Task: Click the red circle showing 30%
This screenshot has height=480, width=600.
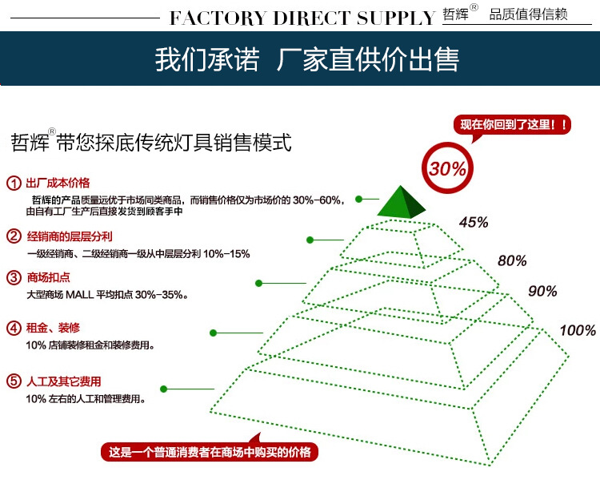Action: pos(447,169)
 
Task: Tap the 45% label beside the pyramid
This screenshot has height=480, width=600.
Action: pos(473,223)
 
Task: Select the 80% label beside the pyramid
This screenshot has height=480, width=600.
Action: pos(512,260)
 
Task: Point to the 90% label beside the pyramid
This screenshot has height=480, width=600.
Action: pos(542,291)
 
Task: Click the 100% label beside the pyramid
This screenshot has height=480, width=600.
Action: pos(577,330)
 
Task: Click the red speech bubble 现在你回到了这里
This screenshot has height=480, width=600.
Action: pos(512,125)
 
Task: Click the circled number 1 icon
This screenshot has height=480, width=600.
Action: pos(14,183)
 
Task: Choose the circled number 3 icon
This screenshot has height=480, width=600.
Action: pos(14,278)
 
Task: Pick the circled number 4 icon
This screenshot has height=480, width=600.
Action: pos(14,328)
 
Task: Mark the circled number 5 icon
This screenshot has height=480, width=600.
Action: pos(14,381)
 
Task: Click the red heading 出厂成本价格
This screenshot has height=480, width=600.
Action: pos(58,183)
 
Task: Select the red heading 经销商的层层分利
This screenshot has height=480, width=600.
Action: pos(70,236)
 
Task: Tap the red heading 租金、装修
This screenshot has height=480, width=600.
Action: pos(53,328)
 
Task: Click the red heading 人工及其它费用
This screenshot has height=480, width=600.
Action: pos(64,381)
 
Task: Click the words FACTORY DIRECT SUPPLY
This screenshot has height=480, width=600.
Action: pos(302,18)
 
